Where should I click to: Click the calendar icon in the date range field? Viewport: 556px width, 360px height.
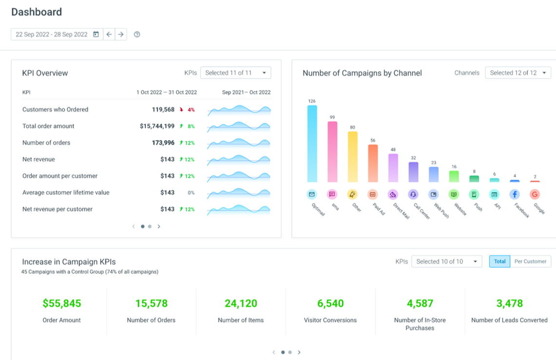(x=96, y=35)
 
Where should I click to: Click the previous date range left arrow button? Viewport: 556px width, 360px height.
(x=109, y=35)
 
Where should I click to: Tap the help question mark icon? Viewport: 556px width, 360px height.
(x=137, y=35)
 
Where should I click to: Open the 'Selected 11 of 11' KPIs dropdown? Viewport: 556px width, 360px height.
(x=235, y=73)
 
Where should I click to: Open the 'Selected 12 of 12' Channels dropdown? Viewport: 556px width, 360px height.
(x=518, y=73)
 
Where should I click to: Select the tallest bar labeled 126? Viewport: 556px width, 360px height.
(x=312, y=144)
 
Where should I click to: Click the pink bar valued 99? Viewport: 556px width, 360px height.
(x=332, y=152)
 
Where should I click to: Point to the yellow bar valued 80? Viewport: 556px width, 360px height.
(x=352, y=156)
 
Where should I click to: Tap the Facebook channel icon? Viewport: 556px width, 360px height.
(x=515, y=194)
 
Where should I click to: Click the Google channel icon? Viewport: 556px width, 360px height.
(x=535, y=194)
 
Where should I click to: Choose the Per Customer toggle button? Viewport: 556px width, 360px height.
(x=531, y=262)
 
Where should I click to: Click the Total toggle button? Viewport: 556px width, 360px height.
(x=499, y=262)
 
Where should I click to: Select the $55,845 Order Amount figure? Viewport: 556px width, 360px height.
(x=62, y=303)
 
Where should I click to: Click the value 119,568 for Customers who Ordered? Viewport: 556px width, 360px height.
(x=163, y=110)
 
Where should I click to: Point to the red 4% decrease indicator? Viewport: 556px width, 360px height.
(x=187, y=110)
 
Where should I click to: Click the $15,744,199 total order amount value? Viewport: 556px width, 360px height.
(x=157, y=126)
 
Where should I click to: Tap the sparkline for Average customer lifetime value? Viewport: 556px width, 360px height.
(x=239, y=193)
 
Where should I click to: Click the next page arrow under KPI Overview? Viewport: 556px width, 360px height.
(x=159, y=227)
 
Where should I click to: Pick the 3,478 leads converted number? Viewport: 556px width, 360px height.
(x=510, y=303)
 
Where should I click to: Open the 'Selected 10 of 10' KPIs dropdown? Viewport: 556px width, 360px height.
(x=446, y=262)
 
